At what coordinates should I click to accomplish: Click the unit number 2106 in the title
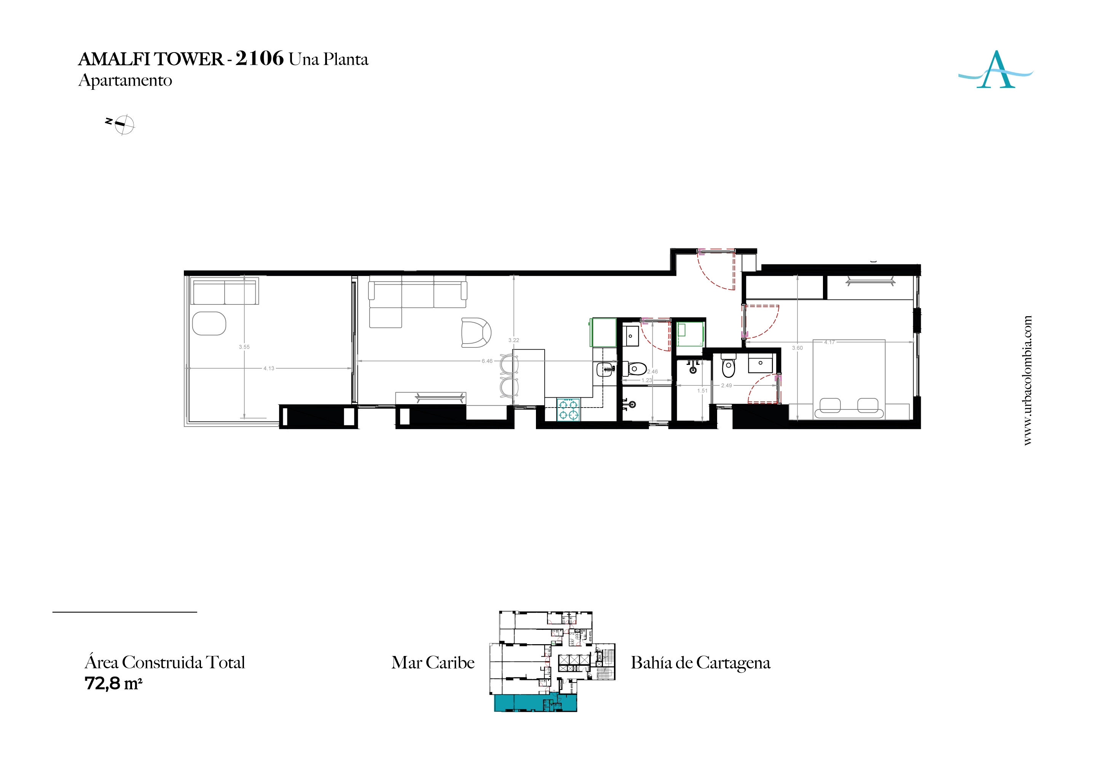pyautogui.click(x=260, y=58)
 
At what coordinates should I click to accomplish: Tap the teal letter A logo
pyautogui.click(x=995, y=70)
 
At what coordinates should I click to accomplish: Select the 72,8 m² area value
pyautogui.click(x=113, y=683)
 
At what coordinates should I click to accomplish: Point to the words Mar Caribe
pyautogui.click(x=433, y=662)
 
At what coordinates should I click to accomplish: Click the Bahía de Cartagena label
pyautogui.click(x=701, y=662)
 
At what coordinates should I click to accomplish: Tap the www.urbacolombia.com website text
pyautogui.click(x=1028, y=380)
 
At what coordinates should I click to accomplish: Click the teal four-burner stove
pyautogui.click(x=568, y=409)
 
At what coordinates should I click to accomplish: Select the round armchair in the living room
pyautogui.click(x=475, y=332)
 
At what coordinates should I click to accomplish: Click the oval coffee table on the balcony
pyautogui.click(x=209, y=324)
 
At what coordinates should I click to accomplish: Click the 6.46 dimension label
pyautogui.click(x=487, y=361)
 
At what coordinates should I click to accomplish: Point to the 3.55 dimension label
pyautogui.click(x=244, y=347)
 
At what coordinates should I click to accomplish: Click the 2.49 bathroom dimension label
pyautogui.click(x=726, y=385)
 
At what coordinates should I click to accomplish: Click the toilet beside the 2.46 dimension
pyautogui.click(x=636, y=369)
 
